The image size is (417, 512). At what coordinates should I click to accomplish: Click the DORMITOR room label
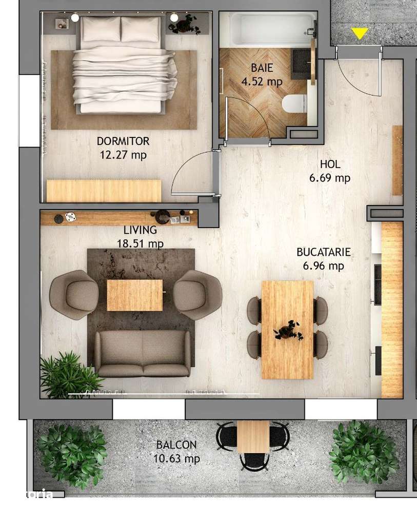pos(123,141)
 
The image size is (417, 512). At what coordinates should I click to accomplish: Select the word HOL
pos(330,165)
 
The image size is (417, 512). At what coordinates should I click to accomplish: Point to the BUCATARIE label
pos(324,252)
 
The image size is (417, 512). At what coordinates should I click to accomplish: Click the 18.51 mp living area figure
pos(140,244)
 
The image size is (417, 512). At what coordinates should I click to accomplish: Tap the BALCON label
pos(176,445)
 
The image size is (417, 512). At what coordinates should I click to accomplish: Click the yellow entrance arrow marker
pos(360,34)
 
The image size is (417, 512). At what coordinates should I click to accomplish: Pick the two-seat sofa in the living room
pos(142,354)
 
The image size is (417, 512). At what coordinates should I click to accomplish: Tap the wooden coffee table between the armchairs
pos(134,295)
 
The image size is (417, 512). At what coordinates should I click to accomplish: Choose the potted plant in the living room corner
pos(67,374)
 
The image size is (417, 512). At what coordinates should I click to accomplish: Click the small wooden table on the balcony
pos(253,436)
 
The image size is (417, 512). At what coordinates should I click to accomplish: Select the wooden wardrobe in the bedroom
pos(104,190)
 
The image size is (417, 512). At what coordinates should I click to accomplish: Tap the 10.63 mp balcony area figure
pos(176,459)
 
